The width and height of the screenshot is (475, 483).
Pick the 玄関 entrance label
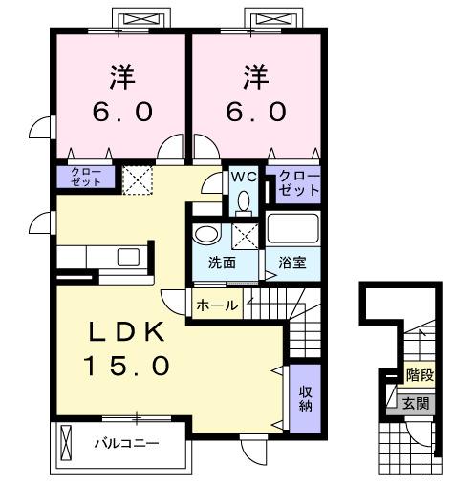(416, 403)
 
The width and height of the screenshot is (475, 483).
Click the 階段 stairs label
(418, 375)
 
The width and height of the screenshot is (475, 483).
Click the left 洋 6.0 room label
(120, 94)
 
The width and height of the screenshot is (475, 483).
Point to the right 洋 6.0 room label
(255, 94)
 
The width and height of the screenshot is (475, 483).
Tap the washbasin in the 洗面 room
(205, 235)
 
